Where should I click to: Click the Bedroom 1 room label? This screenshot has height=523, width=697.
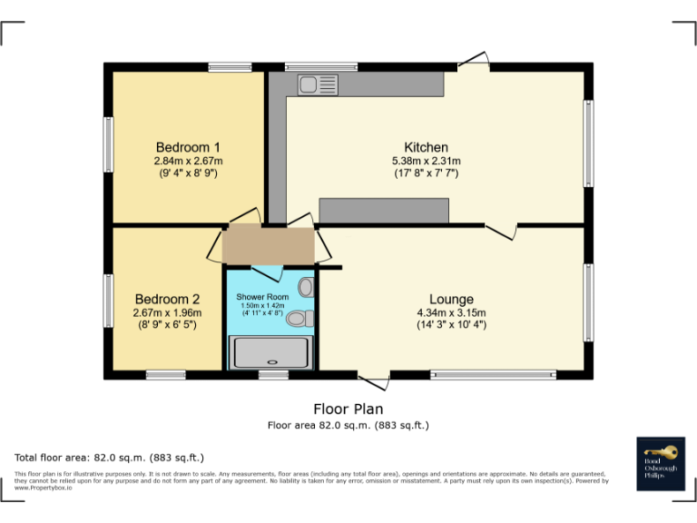pos(188,147)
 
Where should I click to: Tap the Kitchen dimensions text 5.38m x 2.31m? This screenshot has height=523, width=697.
pos(426,161)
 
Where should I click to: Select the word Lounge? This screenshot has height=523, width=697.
pos(451,300)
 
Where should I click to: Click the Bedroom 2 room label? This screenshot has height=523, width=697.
pos(167,299)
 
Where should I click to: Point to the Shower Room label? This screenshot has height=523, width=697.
pos(262,297)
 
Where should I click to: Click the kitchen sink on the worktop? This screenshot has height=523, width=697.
pos(317,84)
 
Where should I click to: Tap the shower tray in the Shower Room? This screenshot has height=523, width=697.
pos(271,352)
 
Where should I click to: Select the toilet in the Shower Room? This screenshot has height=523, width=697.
pos(305,318)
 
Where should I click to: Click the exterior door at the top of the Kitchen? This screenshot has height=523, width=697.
pos(475,63)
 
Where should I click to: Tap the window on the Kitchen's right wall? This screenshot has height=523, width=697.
pos(588,143)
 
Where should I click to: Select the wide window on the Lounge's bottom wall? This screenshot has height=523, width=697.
pos(493,373)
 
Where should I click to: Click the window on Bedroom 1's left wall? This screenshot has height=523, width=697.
pos(108,144)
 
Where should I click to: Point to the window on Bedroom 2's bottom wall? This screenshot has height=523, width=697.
pos(166,373)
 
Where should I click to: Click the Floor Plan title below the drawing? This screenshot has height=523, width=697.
pos(348,409)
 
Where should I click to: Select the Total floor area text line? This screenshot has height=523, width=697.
pos(110,458)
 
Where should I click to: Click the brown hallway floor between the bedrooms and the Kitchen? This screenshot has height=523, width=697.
pos(269,244)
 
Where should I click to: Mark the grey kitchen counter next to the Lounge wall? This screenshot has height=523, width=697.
pos(384,211)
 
